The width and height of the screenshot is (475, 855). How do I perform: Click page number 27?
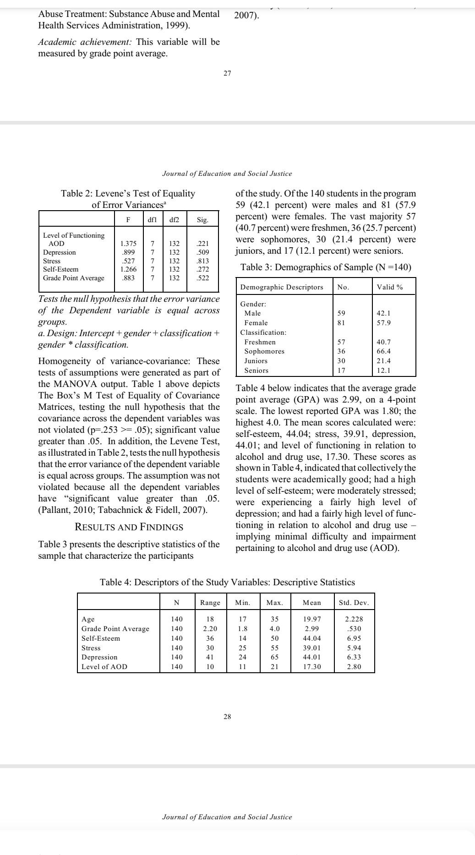click(x=227, y=73)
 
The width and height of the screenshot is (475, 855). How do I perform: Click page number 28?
click(x=227, y=717)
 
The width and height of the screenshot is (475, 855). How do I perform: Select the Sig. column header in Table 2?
click(x=202, y=220)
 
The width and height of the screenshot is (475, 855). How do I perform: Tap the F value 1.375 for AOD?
click(x=128, y=244)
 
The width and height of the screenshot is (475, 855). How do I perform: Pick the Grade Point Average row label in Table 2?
click(x=74, y=278)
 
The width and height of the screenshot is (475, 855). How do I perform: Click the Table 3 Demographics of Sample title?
click(x=326, y=267)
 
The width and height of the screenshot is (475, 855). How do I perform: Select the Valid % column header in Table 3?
click(x=389, y=287)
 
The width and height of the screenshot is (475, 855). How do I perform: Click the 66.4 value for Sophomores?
click(x=383, y=351)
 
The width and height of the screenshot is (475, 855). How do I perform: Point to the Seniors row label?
click(x=256, y=370)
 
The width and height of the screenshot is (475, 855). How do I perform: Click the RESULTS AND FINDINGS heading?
click(x=129, y=527)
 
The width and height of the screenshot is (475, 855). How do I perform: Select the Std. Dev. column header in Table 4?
click(x=354, y=603)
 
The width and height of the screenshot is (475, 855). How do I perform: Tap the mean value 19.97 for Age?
click(x=312, y=619)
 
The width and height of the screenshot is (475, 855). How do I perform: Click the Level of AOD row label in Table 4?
click(x=104, y=667)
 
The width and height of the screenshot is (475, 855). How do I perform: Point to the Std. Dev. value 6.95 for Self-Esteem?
click(x=354, y=638)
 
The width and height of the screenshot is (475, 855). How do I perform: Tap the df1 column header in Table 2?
click(x=152, y=220)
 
